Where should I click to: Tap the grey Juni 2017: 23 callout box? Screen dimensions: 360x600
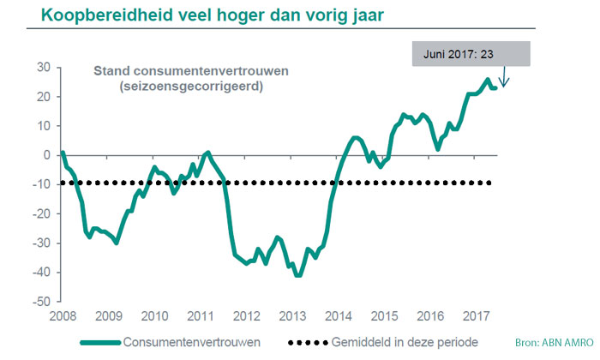click(x=471, y=53)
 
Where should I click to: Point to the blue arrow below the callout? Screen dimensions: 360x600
click(x=504, y=78)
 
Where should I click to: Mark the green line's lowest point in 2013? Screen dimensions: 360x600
click(x=298, y=275)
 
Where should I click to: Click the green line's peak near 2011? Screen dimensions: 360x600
click(x=207, y=153)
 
